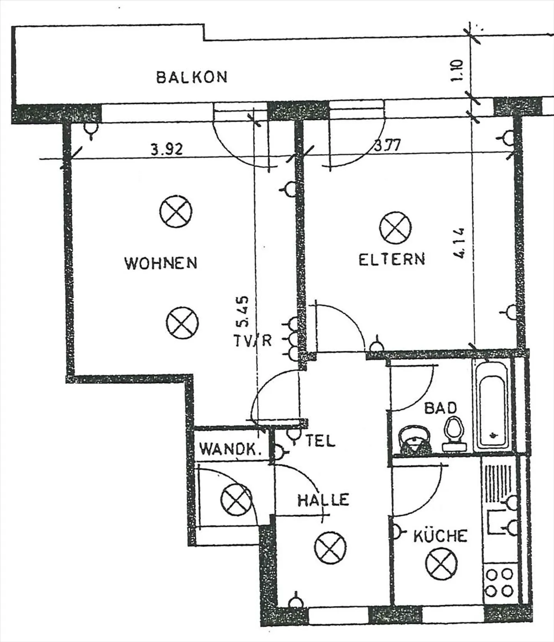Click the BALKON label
[192, 77]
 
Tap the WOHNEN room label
[161, 263]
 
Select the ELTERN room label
[392, 259]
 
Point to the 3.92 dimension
[166, 149]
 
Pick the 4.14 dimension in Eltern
[459, 243]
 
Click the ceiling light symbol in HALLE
[330, 548]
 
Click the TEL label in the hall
[320, 441]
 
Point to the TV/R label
[253, 340]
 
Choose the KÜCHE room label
[440, 536]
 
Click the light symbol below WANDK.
[236, 499]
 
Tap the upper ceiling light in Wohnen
[176, 211]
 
